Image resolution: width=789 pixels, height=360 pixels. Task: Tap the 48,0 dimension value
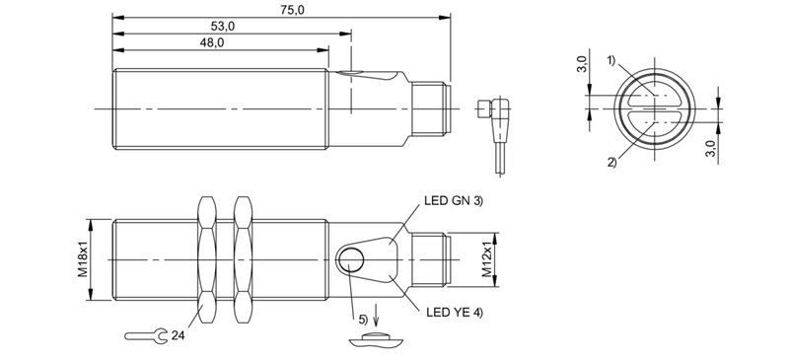pyautogui.click(x=211, y=42)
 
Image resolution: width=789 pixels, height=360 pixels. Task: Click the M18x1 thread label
pyautogui.click(x=84, y=258)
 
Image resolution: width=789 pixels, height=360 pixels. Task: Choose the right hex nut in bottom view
pyautogui.click(x=242, y=258)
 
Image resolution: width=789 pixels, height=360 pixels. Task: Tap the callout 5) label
pyautogui.click(x=361, y=320)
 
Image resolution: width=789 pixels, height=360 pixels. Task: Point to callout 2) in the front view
pyautogui.click(x=611, y=162)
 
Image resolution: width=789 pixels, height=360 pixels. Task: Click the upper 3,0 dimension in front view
pyautogui.click(x=583, y=70)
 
